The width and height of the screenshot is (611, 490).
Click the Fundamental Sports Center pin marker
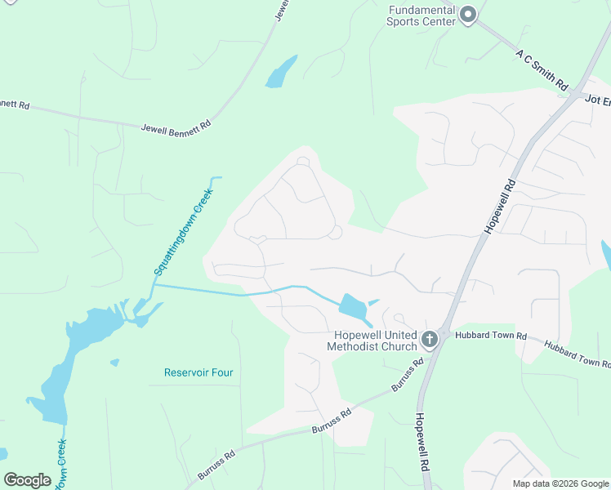pyautogui.click(x=468, y=16)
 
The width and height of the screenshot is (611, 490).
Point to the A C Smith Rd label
pyautogui.click(x=542, y=69)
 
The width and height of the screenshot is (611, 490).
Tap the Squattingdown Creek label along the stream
pyautogui.click(x=177, y=234)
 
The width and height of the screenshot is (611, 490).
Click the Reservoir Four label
pyautogui.click(x=198, y=372)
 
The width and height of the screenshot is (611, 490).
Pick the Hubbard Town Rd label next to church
pyautogui.click(x=488, y=336)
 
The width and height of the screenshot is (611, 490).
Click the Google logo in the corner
pyautogui.click(x=27, y=480)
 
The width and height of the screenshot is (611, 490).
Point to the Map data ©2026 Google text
pyautogui.click(x=560, y=483)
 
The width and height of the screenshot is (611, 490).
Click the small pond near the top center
pyautogui.click(x=281, y=73)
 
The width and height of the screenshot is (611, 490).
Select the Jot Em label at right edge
pyautogui.click(x=597, y=98)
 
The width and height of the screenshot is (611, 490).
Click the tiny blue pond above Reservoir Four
pyautogui.click(x=114, y=362)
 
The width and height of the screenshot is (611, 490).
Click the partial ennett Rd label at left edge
pyautogui.click(x=15, y=105)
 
